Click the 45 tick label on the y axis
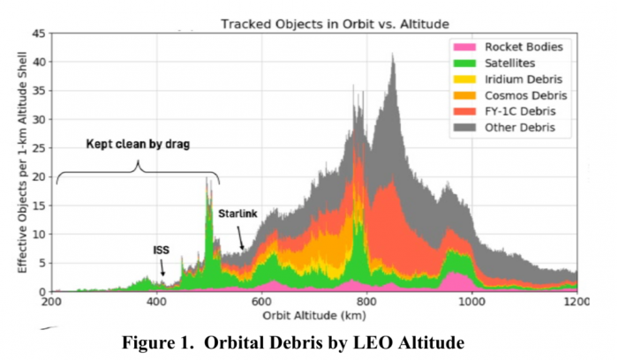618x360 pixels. tap(39, 34)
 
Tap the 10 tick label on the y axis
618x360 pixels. tap(39, 235)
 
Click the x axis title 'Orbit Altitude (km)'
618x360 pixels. tap(313, 315)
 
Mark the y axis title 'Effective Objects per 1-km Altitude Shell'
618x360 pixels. tap(18, 163)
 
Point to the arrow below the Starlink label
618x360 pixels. tap(241, 238)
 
